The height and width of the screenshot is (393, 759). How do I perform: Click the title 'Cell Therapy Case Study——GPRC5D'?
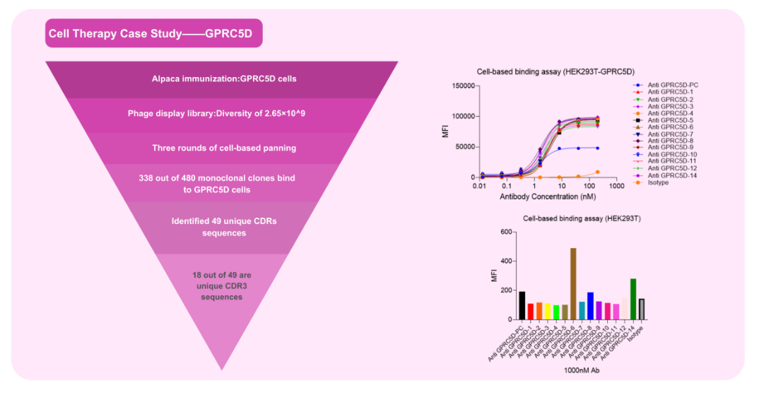[x=153, y=33]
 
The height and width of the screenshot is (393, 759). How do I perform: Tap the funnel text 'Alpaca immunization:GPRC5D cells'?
[x=224, y=78]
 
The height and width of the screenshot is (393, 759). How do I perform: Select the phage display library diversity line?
[x=224, y=113]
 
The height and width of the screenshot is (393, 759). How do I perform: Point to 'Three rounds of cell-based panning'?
[x=224, y=148]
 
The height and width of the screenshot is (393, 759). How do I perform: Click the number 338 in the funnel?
[x=148, y=178]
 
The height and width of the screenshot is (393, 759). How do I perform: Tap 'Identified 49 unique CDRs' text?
[x=224, y=221]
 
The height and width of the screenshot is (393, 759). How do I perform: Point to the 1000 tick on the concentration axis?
[x=616, y=185]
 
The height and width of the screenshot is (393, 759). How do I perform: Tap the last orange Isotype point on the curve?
[x=598, y=172]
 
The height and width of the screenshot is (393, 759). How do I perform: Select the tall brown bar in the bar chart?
[x=573, y=283]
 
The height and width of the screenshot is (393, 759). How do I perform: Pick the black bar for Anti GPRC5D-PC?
[x=522, y=305]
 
